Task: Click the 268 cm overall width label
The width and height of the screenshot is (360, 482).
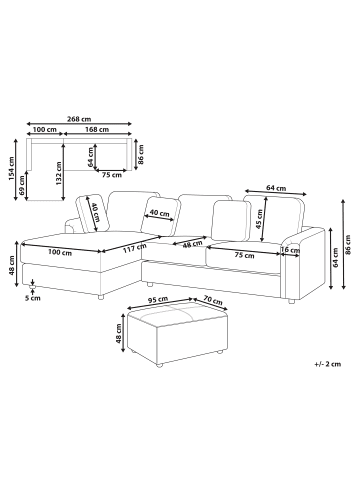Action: pyautogui.click(x=79, y=119)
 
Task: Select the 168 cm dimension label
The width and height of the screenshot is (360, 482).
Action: pyautogui.click(x=97, y=129)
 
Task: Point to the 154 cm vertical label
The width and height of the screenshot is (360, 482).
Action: pyautogui.click(x=12, y=169)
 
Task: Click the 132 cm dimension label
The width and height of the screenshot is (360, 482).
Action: pyautogui.click(x=59, y=174)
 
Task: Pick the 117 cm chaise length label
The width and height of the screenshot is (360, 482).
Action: pyautogui.click(x=135, y=248)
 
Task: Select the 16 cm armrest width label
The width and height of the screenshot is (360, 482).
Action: pyautogui.click(x=290, y=250)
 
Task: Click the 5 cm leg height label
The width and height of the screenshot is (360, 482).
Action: pyautogui.click(x=33, y=298)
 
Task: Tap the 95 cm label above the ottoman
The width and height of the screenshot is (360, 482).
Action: pyautogui.click(x=158, y=299)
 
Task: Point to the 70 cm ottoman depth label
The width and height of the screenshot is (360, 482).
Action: pyautogui.click(x=212, y=300)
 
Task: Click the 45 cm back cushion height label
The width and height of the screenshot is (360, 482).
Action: pyautogui.click(x=260, y=219)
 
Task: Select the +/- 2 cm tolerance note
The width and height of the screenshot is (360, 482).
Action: pyautogui.click(x=328, y=364)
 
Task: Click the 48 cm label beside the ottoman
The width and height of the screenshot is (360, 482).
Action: pyautogui.click(x=119, y=334)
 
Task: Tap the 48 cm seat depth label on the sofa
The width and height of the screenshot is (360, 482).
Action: pyautogui.click(x=192, y=244)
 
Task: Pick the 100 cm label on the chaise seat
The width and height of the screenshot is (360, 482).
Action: pyautogui.click(x=60, y=252)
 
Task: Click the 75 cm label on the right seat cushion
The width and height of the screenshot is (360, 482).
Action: pyautogui.click(x=244, y=255)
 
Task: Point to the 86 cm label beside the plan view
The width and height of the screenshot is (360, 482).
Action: pyautogui.click(x=141, y=154)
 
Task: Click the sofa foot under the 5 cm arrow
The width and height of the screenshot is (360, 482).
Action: pyautogui.click(x=32, y=286)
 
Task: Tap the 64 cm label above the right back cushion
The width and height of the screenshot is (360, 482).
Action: pyautogui.click(x=276, y=188)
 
